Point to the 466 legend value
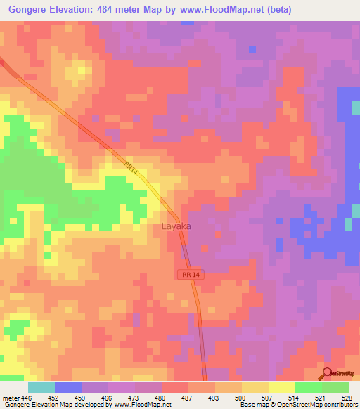click(x=105, y=397)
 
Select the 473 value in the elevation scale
click(x=132, y=397)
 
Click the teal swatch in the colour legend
click(x=41, y=387)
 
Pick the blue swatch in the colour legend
click(x=68, y=387)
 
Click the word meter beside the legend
click(x=10, y=397)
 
